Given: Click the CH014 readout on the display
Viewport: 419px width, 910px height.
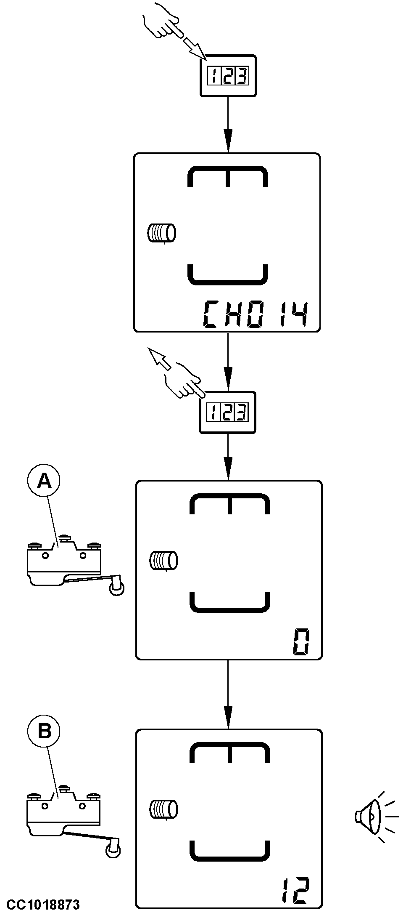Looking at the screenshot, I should click(256, 315).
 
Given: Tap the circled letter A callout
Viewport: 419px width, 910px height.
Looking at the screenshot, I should click(44, 481).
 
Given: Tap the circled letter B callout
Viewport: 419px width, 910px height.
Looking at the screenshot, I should click(44, 732).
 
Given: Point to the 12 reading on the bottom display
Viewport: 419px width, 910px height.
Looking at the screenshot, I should click(295, 891).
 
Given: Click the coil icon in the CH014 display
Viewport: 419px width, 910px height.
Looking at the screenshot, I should click(161, 233).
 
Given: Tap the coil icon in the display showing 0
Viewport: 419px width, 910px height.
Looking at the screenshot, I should click(164, 560).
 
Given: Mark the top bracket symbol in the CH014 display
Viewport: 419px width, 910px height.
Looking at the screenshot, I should click(227, 177).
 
